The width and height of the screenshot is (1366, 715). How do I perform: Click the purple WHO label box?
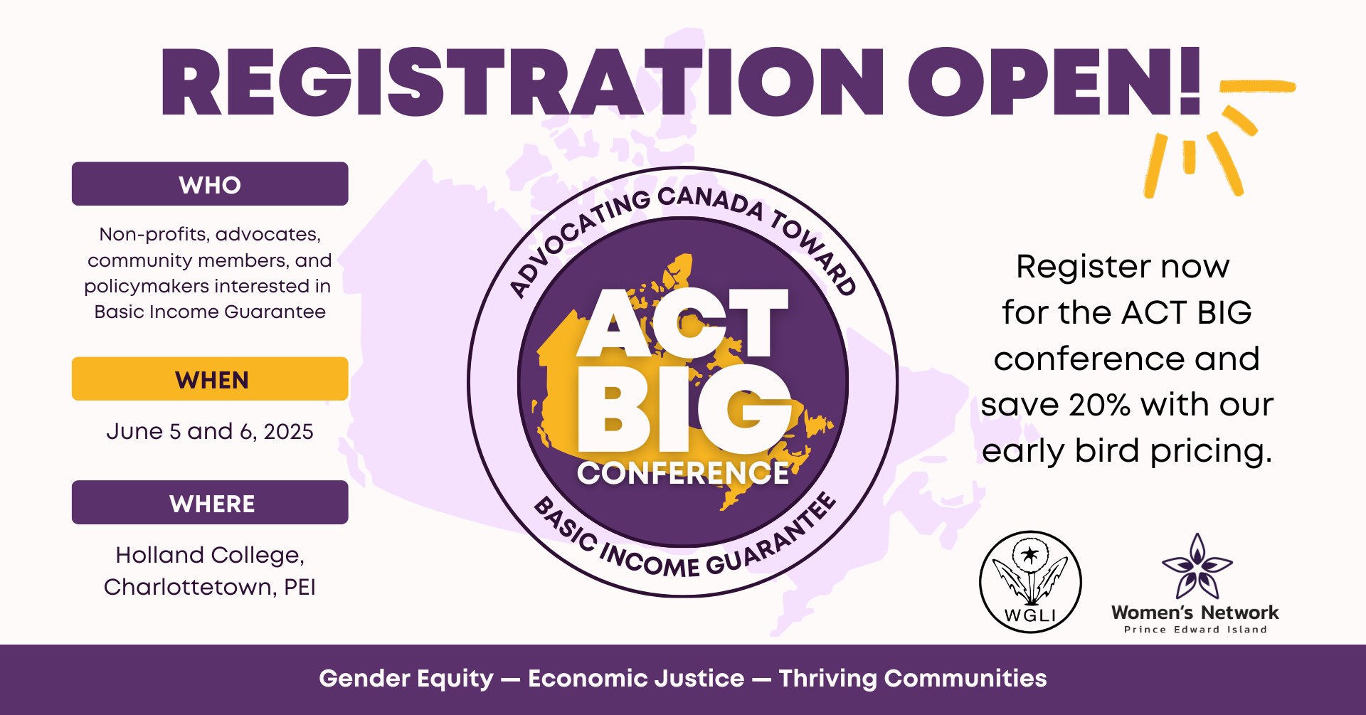[210, 184]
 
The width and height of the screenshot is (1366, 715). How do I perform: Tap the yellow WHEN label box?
[210, 378]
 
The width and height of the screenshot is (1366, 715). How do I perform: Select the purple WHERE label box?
[210, 502]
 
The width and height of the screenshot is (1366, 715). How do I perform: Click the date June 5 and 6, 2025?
[210, 431]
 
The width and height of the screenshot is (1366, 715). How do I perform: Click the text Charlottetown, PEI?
[210, 587]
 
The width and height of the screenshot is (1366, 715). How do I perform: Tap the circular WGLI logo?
[1030, 582]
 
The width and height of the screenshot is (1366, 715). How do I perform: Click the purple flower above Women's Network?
[1197, 566]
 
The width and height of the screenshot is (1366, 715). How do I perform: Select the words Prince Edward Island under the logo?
[1195, 630]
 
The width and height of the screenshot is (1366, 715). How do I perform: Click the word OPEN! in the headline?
[1054, 82]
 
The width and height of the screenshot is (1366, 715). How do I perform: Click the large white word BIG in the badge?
[684, 409]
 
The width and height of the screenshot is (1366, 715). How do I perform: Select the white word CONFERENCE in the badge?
[683, 473]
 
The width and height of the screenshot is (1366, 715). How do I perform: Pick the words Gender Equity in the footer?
[406, 679]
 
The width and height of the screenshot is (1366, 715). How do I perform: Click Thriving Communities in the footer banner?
[913, 679]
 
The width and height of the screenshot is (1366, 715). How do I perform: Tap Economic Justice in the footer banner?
[636, 679]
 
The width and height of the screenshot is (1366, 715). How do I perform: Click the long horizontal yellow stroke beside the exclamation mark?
[1257, 86]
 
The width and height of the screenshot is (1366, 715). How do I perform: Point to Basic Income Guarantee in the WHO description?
[210, 312]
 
